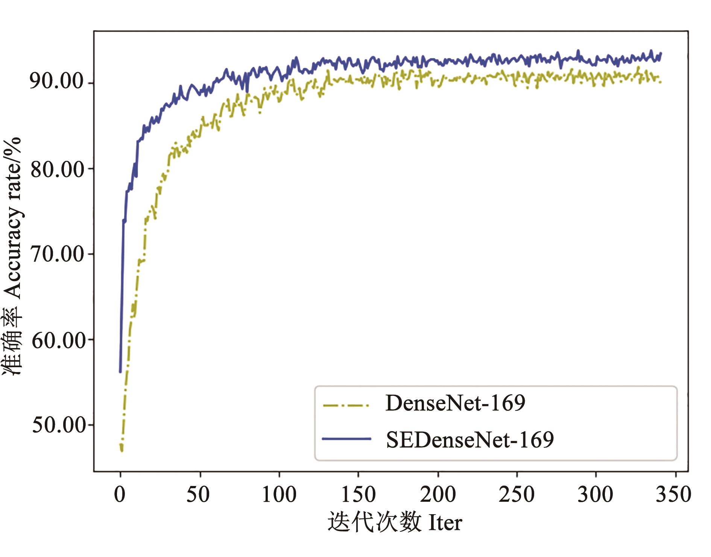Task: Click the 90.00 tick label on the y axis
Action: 56,81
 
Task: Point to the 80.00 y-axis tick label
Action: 56,169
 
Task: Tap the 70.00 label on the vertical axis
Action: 56,254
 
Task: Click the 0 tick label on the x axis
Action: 120,494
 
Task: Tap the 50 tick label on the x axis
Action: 198,494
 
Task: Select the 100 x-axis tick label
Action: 279,494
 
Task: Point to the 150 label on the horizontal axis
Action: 358,494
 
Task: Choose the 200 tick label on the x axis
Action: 438,494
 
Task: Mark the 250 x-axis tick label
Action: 517,494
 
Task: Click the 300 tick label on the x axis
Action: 596,494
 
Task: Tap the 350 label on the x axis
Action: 674,494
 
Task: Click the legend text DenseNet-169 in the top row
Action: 455,403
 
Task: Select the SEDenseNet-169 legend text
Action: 470,439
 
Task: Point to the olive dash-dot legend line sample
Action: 346,405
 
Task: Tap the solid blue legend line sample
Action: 346,439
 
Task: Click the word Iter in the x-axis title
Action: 445,523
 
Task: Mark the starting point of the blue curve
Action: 120,372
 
